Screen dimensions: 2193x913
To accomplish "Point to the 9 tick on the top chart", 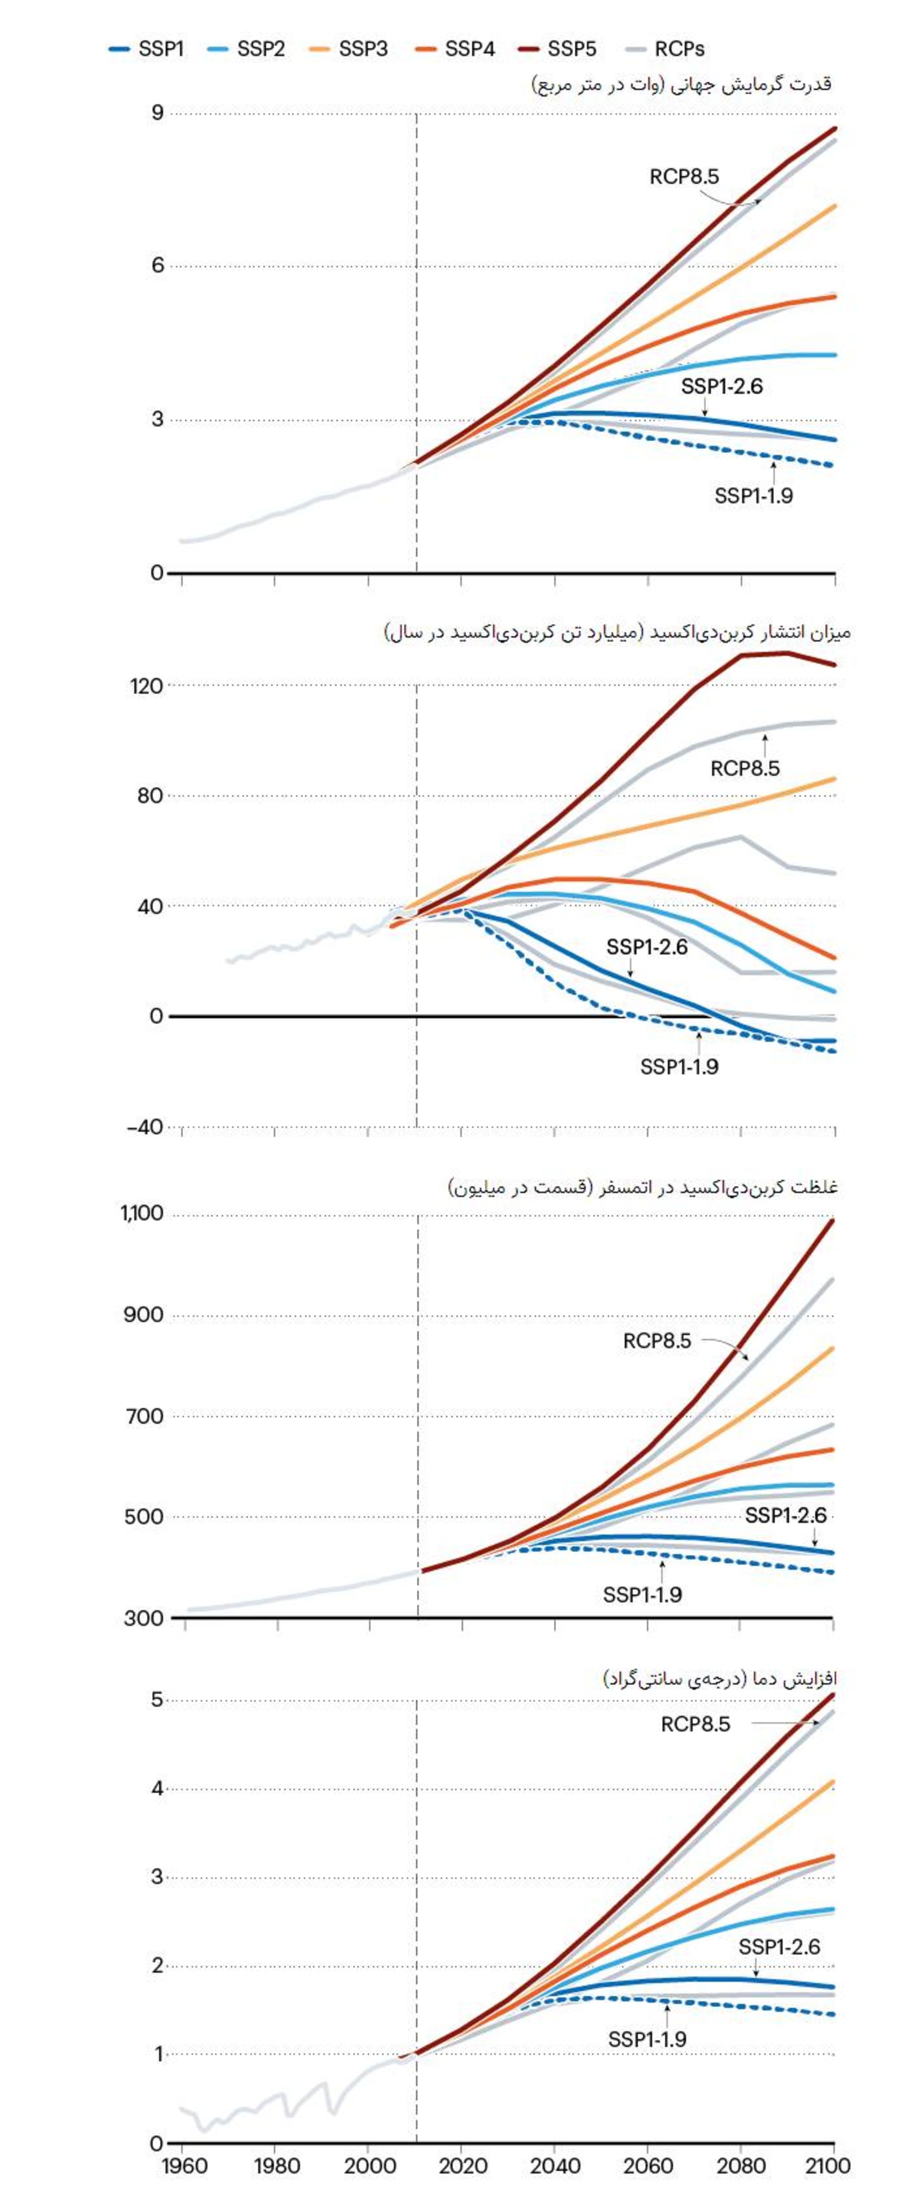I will tap(157, 112).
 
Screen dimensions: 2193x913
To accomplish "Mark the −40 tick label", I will tap(144, 1127).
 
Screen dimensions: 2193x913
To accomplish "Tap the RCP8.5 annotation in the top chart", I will tap(684, 176).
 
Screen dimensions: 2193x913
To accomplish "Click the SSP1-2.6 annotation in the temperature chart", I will tap(778, 1947).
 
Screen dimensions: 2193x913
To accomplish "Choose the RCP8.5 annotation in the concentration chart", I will tap(657, 1341).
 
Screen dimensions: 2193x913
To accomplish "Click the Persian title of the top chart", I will tap(681, 84).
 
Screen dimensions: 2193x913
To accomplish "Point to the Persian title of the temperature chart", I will tap(719, 1678).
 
